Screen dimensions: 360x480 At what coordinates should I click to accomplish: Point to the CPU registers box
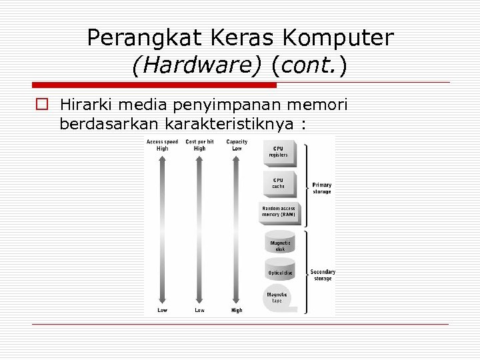[279, 152]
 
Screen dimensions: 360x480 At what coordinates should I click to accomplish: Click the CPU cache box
[279, 183]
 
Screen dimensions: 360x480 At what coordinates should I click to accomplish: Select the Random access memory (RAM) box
[279, 212]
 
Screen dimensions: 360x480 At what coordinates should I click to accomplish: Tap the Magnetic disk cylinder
[280, 243]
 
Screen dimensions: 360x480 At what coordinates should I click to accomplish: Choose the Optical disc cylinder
[280, 271]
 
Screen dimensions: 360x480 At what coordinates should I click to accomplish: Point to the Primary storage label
[322, 188]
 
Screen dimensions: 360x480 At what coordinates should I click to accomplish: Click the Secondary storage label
[323, 275]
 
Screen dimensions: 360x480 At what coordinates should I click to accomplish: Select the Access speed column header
[162, 141]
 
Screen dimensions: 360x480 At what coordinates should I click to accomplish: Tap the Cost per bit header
[199, 141]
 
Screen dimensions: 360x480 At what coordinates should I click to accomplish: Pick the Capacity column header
[237, 141]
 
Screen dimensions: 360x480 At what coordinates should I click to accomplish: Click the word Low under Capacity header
[237, 149]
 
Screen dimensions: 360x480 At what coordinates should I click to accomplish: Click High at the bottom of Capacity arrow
[237, 310]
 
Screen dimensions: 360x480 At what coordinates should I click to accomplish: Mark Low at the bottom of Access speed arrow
[162, 310]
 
